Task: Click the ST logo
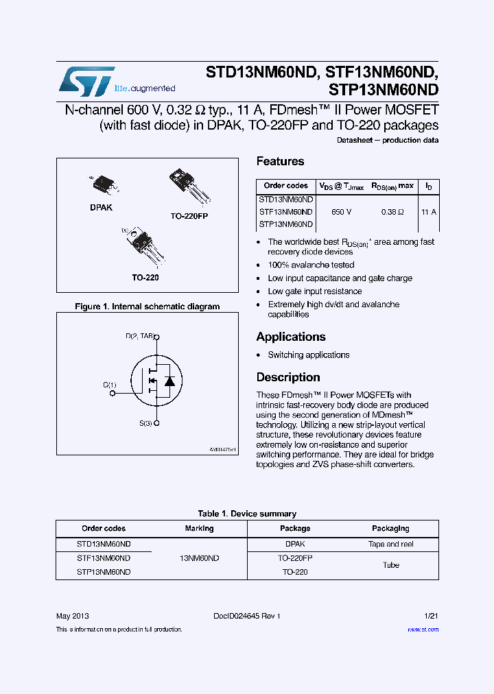[86, 82]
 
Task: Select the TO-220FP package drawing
[189, 185]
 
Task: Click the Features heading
[280, 161]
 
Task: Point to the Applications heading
[290, 337]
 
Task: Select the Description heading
[288, 377]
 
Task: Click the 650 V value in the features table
[341, 213]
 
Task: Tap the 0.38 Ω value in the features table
[392, 213]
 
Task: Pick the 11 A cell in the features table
[429, 213]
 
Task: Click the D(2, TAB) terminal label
[139, 337]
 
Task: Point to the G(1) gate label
[110, 385]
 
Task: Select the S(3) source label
[145, 423]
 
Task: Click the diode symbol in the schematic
[169, 381]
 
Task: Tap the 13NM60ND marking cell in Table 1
[199, 558]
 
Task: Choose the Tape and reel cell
[390, 544]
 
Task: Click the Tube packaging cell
[390, 565]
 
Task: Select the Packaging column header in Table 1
[390, 529]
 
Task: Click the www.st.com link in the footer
[423, 630]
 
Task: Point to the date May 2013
[72, 616]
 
